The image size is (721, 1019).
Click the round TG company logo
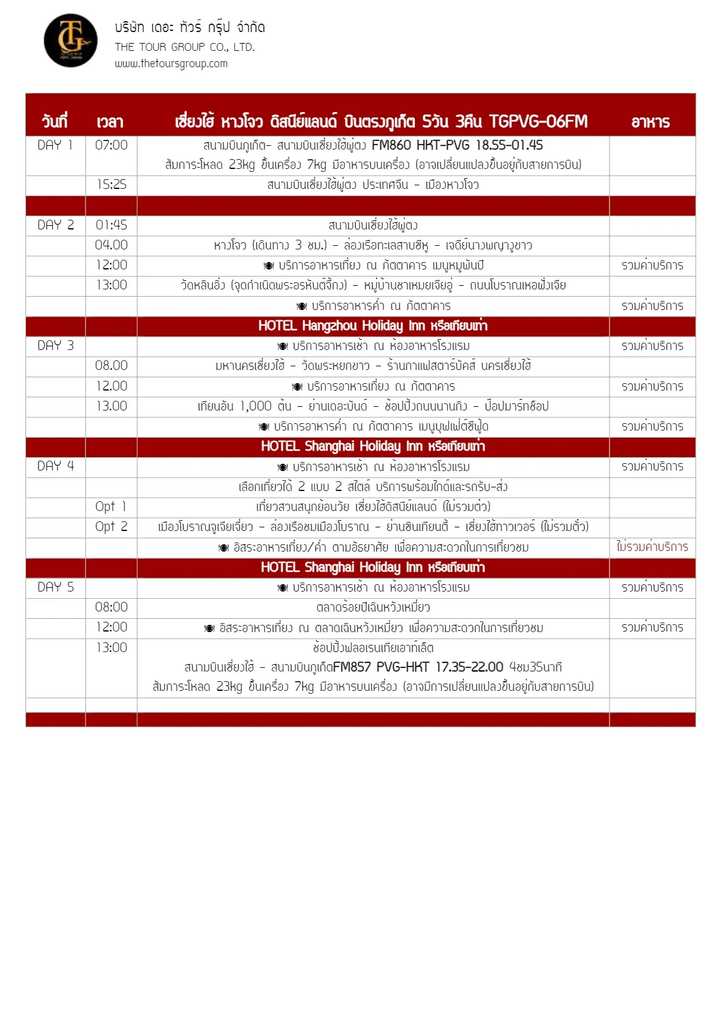(71, 41)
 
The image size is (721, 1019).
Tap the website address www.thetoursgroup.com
(171, 64)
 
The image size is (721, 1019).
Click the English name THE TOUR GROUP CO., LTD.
(185, 47)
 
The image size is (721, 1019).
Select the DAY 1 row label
(55, 145)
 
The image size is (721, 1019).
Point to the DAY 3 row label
(55, 346)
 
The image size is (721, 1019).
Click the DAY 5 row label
(55, 587)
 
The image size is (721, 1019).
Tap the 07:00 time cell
(111, 145)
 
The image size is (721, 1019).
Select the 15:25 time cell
(111, 185)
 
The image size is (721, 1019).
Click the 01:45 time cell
(111, 225)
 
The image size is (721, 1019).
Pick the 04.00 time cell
(111, 245)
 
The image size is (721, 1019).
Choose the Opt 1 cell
(111, 507)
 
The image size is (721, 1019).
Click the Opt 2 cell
(111, 527)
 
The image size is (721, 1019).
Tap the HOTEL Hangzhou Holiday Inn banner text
(373, 326)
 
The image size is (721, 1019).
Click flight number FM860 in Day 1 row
(391, 145)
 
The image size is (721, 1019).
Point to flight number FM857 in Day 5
(351, 667)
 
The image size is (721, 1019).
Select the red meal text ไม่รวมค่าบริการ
(652, 547)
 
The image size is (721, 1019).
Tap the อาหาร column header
(651, 122)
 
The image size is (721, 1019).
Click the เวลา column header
(110, 122)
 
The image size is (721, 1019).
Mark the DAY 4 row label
(55, 466)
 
